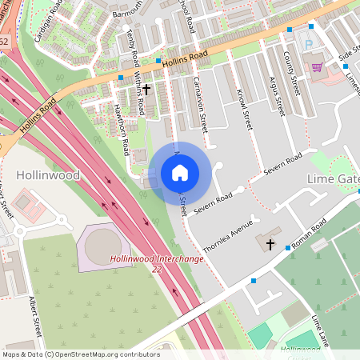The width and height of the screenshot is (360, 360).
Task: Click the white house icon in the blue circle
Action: pyautogui.click(x=179, y=173)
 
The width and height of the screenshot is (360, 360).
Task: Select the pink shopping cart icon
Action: pyautogui.click(x=318, y=68)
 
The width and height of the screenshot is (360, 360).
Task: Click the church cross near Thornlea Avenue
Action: pyautogui.click(x=270, y=243)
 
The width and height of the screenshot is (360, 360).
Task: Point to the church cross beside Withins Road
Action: pyautogui.click(x=147, y=91)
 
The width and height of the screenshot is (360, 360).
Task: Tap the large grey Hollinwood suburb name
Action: pyautogui.click(x=47, y=174)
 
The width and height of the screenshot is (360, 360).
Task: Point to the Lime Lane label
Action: pyautogui.click(x=320, y=330)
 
